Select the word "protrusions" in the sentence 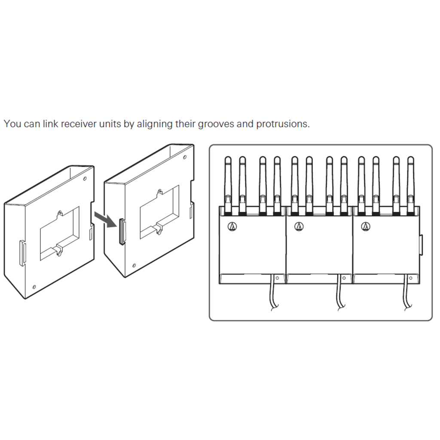283,124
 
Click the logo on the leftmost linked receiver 232,226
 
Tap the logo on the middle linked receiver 299,226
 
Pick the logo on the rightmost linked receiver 366,226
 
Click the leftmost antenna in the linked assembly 228,185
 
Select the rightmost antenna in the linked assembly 410,185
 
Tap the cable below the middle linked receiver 340,293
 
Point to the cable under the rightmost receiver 407,293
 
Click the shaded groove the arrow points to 122,232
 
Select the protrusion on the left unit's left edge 22,253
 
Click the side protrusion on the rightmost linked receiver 421,245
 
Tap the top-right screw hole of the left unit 85,178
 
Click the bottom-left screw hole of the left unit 34,287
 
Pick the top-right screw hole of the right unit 185,157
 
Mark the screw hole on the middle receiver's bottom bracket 344,278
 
